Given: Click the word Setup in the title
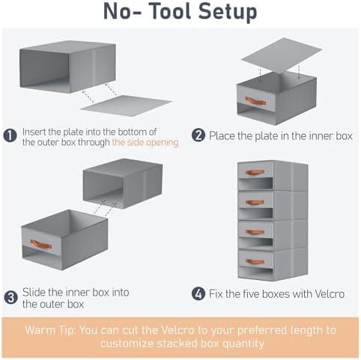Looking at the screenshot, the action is click(228, 13).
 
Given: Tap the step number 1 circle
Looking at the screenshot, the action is click(10, 135).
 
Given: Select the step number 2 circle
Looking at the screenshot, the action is click(198, 135).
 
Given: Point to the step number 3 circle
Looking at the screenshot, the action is click(10, 297).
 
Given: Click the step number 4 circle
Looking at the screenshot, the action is click(198, 294).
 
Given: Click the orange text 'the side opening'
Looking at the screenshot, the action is click(145, 142).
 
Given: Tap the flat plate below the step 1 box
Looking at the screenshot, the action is click(126, 106).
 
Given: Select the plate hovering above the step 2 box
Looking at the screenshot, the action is click(282, 58).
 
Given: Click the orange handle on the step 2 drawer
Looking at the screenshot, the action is click(255, 101).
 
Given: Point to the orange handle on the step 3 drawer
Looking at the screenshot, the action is click(40, 244).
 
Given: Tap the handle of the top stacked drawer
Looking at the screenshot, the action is click(255, 172).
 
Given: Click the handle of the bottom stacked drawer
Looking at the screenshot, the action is click(255, 261).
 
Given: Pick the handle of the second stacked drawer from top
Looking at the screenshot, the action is click(255, 202).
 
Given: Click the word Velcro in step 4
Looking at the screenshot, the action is click(330, 294).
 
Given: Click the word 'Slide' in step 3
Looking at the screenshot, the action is click(33, 292).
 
